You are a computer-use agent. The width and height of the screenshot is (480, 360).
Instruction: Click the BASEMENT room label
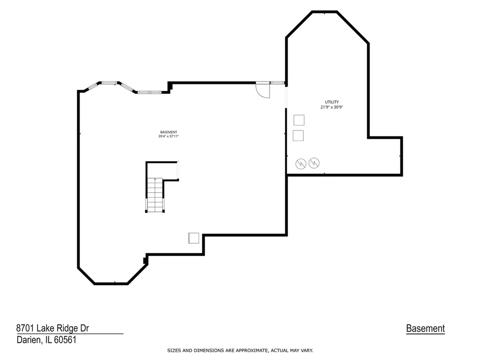[169, 132]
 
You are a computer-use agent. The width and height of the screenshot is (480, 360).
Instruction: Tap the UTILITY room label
[332, 102]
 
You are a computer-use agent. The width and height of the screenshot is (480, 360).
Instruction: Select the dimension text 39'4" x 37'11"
[169, 136]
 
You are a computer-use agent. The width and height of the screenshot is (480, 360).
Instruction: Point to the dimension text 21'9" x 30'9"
[332, 107]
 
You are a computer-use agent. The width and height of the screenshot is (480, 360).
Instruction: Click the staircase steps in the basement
[155, 195]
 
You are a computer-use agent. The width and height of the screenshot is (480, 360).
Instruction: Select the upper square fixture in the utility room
[299, 120]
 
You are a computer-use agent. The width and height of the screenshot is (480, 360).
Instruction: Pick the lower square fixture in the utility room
[298, 135]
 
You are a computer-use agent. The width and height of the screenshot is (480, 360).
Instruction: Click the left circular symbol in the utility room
[301, 164]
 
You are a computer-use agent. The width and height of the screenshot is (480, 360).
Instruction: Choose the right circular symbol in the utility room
[314, 163]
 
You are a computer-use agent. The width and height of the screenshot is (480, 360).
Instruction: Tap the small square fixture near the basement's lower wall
[194, 238]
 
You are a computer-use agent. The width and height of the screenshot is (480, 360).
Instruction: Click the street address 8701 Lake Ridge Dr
[52, 328]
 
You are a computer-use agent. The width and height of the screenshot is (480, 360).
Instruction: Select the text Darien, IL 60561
[46, 340]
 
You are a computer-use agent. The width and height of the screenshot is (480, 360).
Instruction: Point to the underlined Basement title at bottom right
[426, 329]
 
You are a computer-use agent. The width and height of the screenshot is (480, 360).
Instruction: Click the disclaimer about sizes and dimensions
[240, 351]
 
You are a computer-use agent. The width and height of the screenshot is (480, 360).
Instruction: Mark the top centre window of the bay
[109, 82]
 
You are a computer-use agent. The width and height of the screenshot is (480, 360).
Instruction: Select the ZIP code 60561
[65, 340]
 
